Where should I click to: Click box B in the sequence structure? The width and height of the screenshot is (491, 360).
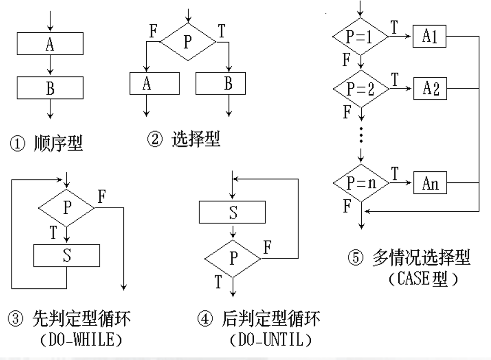[50, 88]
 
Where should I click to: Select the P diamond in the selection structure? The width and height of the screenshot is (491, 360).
[187, 42]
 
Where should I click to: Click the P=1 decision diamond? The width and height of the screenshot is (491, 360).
[360, 37]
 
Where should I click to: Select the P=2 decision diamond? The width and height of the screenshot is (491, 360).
[361, 90]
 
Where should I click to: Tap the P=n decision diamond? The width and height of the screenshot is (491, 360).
[361, 184]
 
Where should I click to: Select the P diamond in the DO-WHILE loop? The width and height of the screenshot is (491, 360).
[66, 208]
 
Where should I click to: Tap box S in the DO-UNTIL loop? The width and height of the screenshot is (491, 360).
[232, 211]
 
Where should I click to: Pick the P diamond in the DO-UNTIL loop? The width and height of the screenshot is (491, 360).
[232, 258]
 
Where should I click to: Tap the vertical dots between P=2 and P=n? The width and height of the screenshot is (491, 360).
[361, 134]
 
